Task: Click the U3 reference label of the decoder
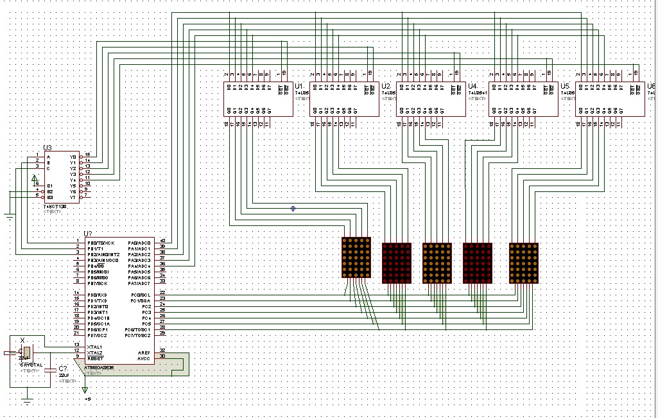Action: pos(48,148)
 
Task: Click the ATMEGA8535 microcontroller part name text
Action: pos(100,368)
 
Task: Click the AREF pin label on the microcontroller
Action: pos(144,353)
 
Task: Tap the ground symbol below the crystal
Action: pos(26,401)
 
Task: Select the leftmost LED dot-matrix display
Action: pos(356,257)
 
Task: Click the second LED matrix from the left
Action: pos(396,263)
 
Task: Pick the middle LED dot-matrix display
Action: pos(437,263)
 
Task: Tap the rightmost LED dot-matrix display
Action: pos(523,263)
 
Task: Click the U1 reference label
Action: pos(299,86)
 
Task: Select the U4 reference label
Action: pos(472,86)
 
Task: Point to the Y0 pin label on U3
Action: pos(73,157)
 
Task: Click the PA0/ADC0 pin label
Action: pos(139,243)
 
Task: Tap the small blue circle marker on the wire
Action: pos(293,209)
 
